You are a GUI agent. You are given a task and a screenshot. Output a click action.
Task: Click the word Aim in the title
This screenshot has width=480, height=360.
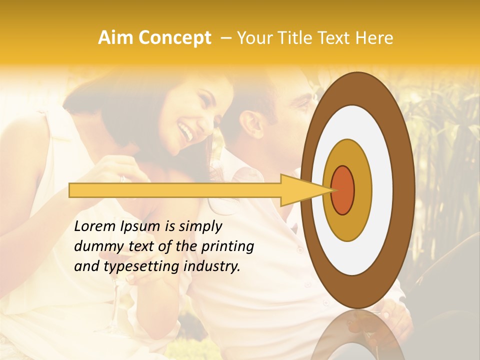coord(116,38)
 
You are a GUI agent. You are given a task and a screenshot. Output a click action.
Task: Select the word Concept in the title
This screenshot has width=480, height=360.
coord(174,38)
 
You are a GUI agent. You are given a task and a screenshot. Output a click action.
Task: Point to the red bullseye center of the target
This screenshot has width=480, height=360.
coord(343,190)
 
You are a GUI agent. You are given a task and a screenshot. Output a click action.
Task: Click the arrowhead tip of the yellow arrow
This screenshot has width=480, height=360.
coord(332,190)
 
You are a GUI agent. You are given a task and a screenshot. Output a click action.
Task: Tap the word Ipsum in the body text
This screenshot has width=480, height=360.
coord(141,226)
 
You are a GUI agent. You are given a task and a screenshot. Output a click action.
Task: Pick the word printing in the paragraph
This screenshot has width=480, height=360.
coord(228,246)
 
